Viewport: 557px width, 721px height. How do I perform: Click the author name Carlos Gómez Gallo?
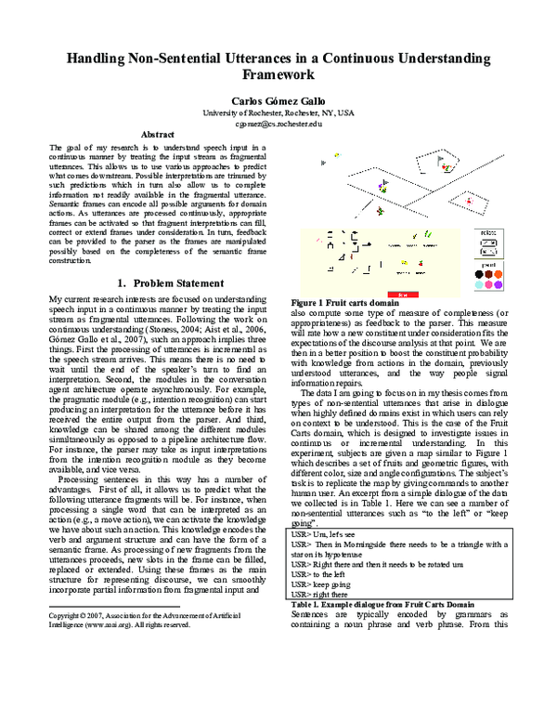click(278, 99)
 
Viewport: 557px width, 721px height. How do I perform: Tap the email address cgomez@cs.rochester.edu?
click(278, 123)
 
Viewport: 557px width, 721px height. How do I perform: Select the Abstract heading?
click(157, 136)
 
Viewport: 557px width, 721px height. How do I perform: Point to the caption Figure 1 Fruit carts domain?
click(345, 303)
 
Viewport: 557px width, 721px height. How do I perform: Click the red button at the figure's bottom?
click(402, 293)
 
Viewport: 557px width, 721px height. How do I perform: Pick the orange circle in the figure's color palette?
click(499, 274)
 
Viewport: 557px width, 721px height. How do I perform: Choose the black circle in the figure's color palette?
click(476, 274)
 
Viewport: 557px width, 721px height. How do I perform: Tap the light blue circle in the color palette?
click(476, 284)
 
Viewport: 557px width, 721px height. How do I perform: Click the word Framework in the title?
click(278, 74)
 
